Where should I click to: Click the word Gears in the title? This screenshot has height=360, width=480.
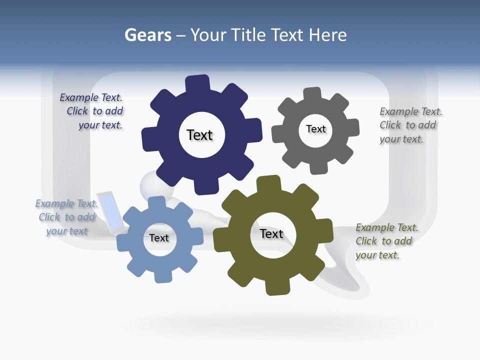click(x=147, y=35)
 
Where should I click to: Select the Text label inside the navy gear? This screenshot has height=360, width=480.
click(x=199, y=135)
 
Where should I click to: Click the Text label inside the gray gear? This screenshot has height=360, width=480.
click(x=315, y=129)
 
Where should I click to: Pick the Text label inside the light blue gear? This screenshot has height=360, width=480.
click(x=159, y=238)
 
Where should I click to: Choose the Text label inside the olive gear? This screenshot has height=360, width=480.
click(x=271, y=233)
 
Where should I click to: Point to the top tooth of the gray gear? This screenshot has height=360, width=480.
click(x=312, y=94)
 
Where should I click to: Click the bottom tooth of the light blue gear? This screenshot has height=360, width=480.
click(x=162, y=275)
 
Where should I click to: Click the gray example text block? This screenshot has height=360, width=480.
click(x=410, y=125)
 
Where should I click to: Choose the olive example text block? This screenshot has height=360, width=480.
click(x=386, y=241)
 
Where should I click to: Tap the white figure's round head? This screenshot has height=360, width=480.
click(x=152, y=186)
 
